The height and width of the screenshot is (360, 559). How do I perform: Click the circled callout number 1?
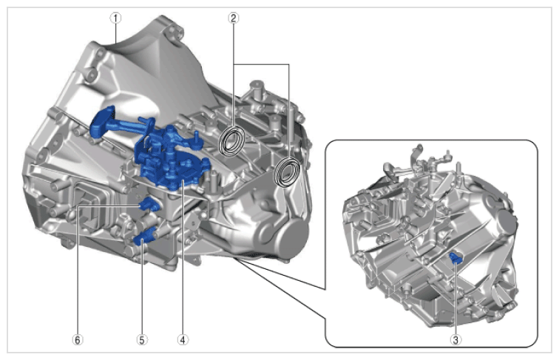tap(115, 18)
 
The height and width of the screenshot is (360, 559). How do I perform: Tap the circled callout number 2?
tap(233, 18)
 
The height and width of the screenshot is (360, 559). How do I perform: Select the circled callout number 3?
tap(455, 340)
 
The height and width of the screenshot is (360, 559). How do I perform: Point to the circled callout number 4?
tap(183, 340)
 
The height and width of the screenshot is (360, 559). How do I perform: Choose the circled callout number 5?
tap(142, 340)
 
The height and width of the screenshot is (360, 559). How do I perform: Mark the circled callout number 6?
tap(78, 340)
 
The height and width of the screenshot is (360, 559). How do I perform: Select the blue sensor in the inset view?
tap(455, 258)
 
